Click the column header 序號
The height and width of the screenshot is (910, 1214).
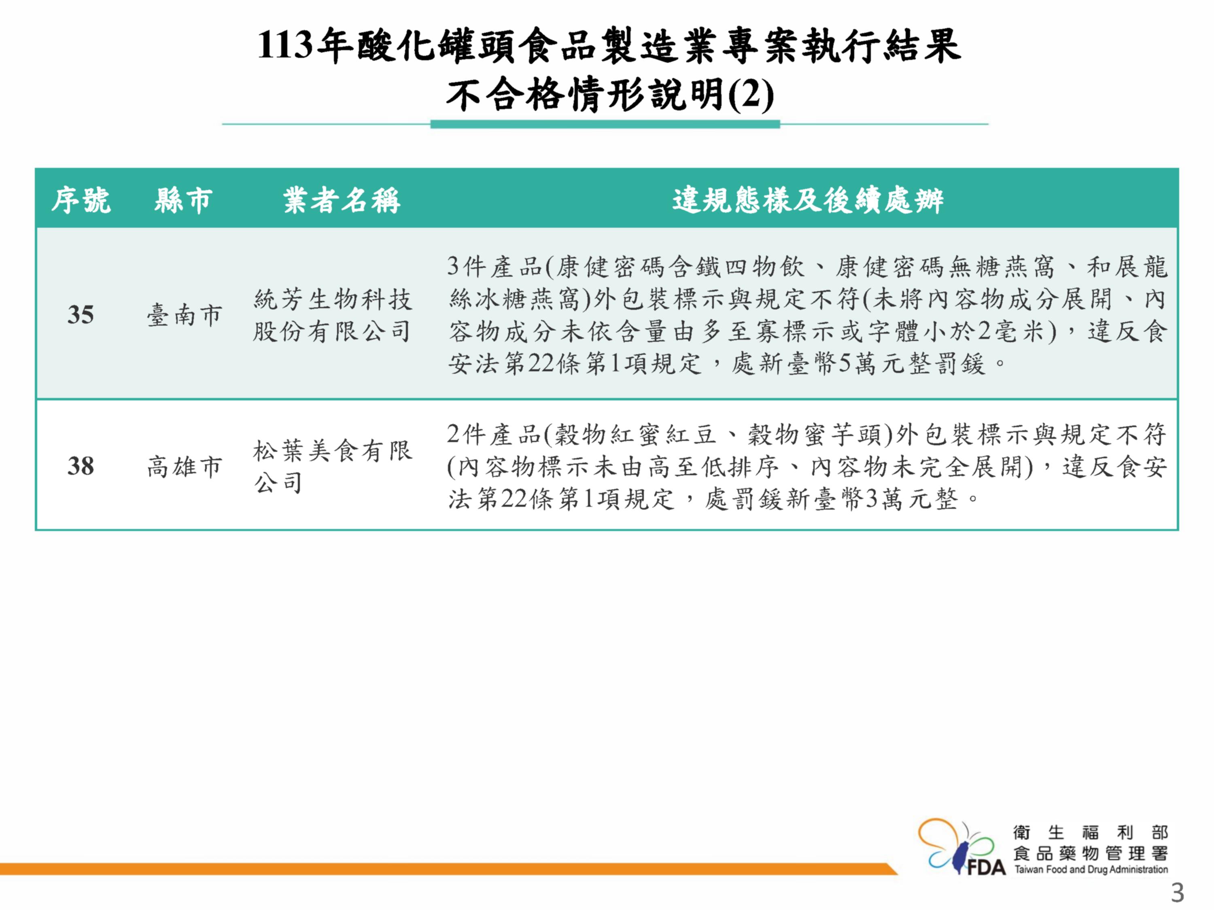coord(81,200)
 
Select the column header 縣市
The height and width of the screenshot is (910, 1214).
coord(183,200)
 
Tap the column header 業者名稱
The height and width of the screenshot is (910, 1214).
coord(342,200)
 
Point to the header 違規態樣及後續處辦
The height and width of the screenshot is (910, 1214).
coord(808,200)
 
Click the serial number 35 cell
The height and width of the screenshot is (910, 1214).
coord(81,315)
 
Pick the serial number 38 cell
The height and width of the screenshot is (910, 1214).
coord(81,466)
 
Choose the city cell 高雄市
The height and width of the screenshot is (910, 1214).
coord(184,467)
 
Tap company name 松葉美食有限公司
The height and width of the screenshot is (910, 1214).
coord(332,467)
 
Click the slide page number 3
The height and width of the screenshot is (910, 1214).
coord(1177,893)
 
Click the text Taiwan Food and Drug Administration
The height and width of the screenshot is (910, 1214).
coord(1091,870)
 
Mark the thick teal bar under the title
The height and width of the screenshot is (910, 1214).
coord(605,125)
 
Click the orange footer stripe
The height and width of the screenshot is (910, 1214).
coord(447,869)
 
